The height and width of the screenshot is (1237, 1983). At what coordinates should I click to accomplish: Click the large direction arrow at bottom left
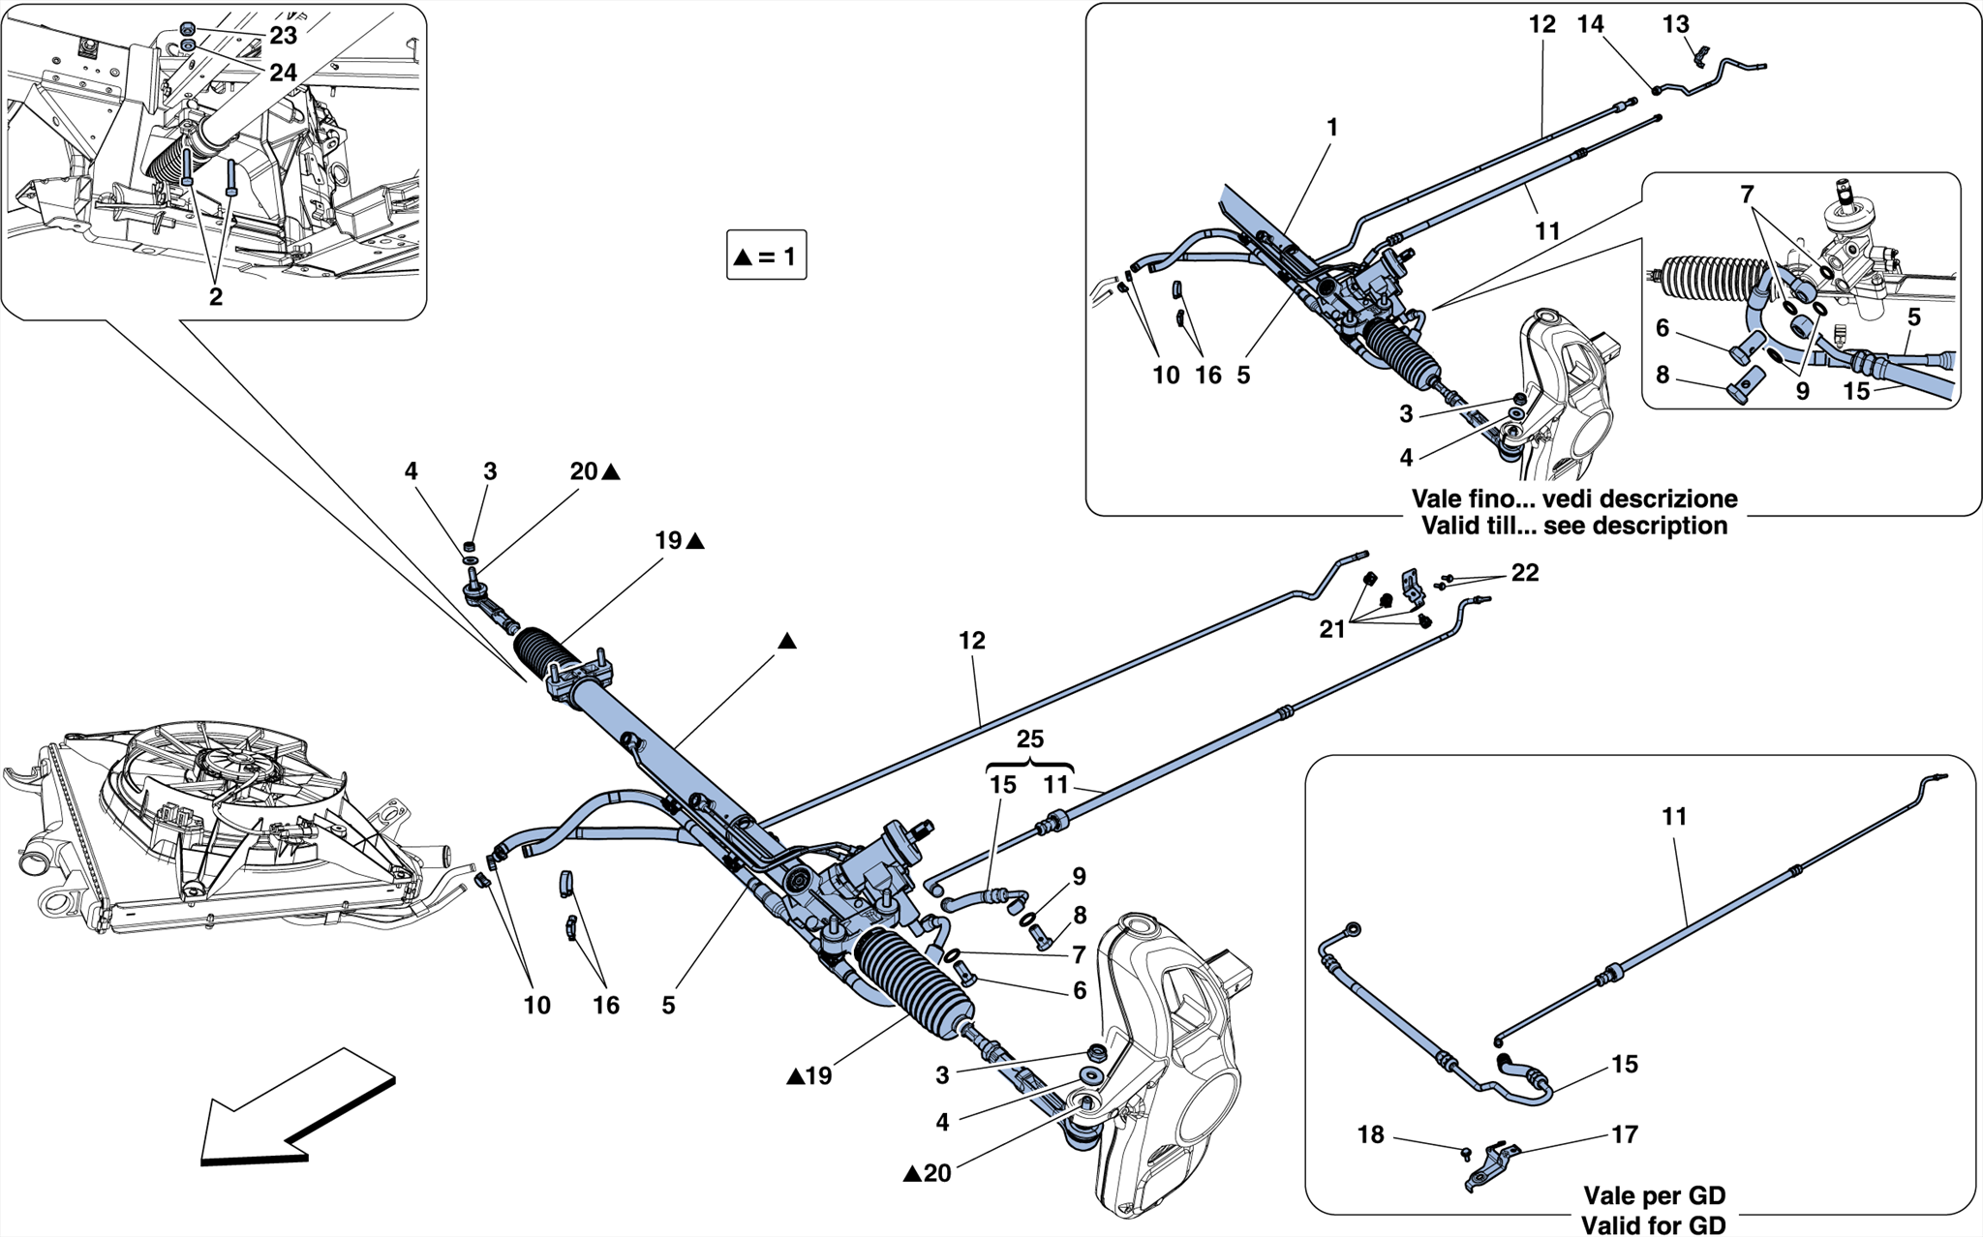point(295,1108)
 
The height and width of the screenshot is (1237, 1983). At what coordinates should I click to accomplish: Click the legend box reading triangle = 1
point(766,256)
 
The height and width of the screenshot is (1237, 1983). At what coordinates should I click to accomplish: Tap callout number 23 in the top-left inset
point(283,36)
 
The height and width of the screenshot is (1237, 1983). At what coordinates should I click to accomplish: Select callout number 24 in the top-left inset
point(283,73)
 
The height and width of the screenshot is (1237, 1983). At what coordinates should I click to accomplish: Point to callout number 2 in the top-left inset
point(215,297)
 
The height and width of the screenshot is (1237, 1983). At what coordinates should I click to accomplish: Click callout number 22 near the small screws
point(1524,573)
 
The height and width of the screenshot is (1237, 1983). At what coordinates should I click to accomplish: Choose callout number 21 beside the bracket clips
point(1332,629)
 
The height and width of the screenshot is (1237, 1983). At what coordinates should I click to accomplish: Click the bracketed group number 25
point(1029,739)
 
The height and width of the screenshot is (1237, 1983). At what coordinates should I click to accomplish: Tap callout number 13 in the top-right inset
point(1675,24)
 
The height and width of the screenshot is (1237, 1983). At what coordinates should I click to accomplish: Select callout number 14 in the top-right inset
point(1590,24)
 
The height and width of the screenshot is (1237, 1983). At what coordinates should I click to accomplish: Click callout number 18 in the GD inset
point(1371,1134)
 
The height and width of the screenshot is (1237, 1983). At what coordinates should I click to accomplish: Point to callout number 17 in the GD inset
point(1624,1134)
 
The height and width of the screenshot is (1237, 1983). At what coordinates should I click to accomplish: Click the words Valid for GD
point(1654,1224)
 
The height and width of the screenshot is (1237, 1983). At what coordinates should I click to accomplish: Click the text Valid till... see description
point(1573,526)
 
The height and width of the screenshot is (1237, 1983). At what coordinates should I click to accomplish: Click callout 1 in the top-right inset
point(1332,128)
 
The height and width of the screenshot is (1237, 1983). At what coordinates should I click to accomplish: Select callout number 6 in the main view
point(1080,990)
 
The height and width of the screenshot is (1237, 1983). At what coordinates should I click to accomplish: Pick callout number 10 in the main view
point(536,1006)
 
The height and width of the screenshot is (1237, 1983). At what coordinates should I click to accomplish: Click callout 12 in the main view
point(972,641)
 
